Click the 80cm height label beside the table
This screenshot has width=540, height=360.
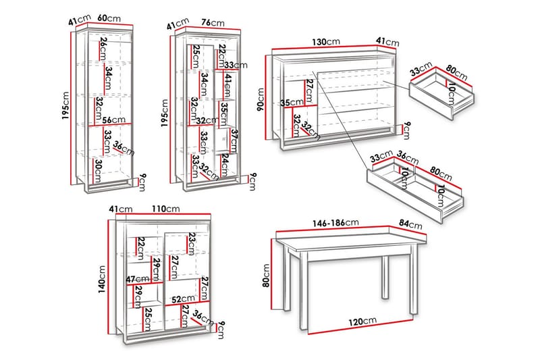tap(265, 276)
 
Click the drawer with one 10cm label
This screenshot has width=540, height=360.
tap(443, 92)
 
